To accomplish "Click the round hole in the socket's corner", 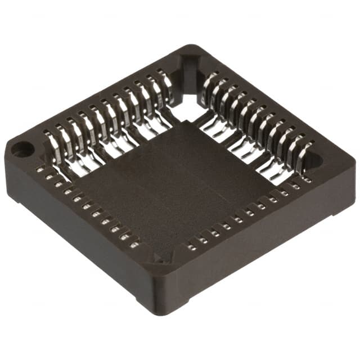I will [22, 149].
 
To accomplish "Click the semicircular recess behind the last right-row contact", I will [316, 160].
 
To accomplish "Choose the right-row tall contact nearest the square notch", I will [209, 84].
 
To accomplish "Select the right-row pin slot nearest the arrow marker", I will [192, 247].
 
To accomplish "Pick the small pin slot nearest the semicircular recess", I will [307, 180].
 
